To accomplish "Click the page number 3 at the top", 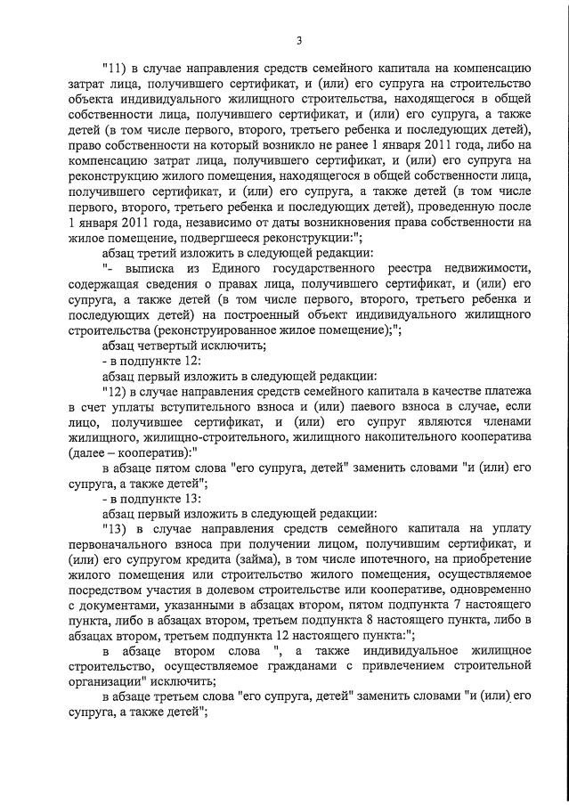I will coord(299,39).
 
